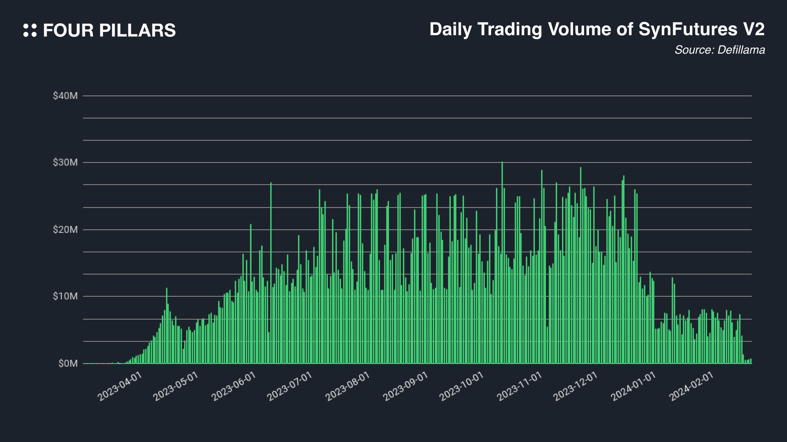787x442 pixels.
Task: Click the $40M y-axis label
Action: (65, 96)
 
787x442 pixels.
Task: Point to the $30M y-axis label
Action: (65, 163)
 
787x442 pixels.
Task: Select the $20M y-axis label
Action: (65, 230)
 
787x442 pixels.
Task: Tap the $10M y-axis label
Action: (65, 297)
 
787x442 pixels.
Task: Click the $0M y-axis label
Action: (68, 364)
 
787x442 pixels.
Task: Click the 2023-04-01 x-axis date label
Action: (120, 387)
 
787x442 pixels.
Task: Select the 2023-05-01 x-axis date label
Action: (175, 387)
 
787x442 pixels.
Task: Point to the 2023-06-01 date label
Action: (234, 387)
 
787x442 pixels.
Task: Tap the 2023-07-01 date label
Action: (289, 387)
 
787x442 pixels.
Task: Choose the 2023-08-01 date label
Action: (348, 387)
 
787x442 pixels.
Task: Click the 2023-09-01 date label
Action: (405, 387)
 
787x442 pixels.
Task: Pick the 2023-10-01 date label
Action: (462, 387)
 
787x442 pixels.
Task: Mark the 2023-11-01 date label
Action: (519, 387)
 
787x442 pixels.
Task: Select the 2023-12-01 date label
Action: (575, 387)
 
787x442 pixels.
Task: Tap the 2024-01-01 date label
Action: (633, 387)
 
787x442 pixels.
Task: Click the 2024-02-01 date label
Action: (691, 387)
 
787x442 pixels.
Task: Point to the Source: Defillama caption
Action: (719, 50)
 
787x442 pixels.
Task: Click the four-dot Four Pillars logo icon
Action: (30, 30)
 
